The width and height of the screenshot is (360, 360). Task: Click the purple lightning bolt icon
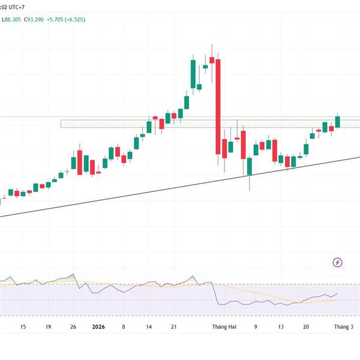pyautogui.click(x=338, y=262)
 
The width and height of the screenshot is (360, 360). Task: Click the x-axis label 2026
pyautogui.click(x=98, y=327)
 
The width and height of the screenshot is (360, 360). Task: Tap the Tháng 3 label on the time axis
pyautogui.click(x=343, y=327)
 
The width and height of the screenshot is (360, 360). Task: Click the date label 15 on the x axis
pyautogui.click(x=23, y=327)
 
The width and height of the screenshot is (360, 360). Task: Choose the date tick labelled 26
pyautogui.click(x=73, y=327)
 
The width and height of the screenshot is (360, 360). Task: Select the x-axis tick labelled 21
pyautogui.click(x=173, y=327)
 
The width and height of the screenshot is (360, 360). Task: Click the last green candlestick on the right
pyautogui.click(x=338, y=121)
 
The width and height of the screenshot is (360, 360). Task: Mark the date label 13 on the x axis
pyautogui.click(x=280, y=327)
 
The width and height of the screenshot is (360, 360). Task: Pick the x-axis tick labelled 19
pyautogui.click(x=47, y=327)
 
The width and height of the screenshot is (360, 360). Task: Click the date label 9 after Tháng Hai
pyautogui.click(x=256, y=327)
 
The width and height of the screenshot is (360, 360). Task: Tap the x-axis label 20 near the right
pyautogui.click(x=305, y=327)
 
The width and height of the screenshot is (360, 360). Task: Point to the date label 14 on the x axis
pyautogui.click(x=148, y=327)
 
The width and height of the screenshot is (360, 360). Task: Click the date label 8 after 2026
pyautogui.click(x=123, y=327)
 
